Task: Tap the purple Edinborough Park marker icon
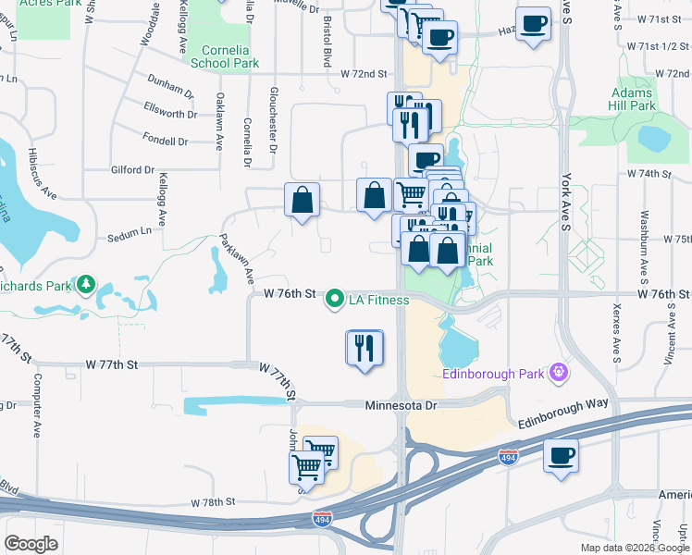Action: (x=559, y=374)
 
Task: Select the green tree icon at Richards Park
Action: (x=86, y=282)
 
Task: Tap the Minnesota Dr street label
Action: (x=399, y=405)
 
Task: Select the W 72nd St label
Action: (x=363, y=73)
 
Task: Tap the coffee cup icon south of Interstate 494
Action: (x=561, y=455)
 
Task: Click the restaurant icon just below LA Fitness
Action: (x=365, y=348)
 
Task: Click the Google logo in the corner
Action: (x=31, y=544)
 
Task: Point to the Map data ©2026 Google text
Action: (x=636, y=548)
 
